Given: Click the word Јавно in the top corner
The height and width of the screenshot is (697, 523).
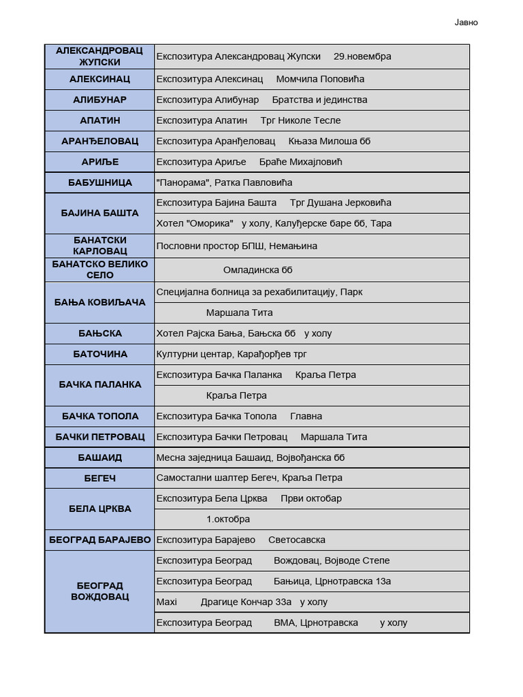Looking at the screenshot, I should [x=466, y=22].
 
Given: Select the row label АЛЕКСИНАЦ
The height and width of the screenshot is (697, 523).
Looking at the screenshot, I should [x=99, y=79].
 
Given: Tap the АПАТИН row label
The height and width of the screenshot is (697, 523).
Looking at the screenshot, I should [x=99, y=120].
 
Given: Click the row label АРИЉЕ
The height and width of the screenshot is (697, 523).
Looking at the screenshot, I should [x=99, y=162].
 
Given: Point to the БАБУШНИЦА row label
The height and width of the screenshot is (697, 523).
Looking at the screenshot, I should [x=99, y=182].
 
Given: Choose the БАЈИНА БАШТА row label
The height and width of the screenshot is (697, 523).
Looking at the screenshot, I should [x=99, y=213].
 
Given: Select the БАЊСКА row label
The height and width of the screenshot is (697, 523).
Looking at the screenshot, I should [x=99, y=334].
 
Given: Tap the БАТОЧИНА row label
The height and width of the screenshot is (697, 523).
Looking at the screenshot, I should [x=99, y=354].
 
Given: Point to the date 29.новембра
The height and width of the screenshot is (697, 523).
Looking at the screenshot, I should [x=362, y=56].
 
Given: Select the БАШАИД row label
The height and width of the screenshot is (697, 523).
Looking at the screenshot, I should [x=99, y=457].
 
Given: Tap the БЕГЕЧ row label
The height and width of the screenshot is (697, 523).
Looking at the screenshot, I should [x=99, y=479].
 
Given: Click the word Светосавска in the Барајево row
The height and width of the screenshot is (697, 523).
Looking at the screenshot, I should [x=296, y=540].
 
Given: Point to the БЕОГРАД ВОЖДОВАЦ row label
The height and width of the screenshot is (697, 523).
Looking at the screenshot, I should [x=99, y=591].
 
